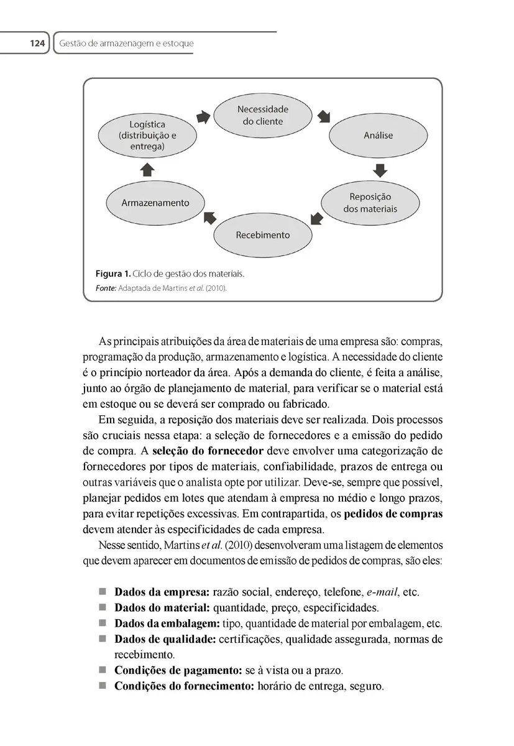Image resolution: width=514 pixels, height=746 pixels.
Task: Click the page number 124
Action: click(37, 44)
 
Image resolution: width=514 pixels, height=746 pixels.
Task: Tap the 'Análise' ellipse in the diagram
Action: click(378, 135)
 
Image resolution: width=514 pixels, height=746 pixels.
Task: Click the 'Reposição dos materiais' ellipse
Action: click(370, 203)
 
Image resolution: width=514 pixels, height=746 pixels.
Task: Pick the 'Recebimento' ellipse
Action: click(262, 235)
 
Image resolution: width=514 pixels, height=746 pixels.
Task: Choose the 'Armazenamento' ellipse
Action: click(155, 203)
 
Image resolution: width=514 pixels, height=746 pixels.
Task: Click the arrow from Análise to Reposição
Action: click(380, 169)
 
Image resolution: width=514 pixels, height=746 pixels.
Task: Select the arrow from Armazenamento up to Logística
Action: click(147, 169)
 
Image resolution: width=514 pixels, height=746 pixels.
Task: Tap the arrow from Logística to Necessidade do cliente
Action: click(203, 117)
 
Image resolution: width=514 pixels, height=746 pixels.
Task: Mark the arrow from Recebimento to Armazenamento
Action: click(209, 217)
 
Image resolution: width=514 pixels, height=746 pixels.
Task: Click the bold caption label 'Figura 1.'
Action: click(112, 274)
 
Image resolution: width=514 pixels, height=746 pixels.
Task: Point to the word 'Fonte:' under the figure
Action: click(106, 288)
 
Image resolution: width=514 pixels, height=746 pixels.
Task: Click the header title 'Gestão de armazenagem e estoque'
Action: click(126, 44)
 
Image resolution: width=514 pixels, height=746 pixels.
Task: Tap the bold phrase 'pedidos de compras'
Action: click(393, 515)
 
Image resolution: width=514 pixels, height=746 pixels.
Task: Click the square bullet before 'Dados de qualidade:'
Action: click(103, 638)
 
